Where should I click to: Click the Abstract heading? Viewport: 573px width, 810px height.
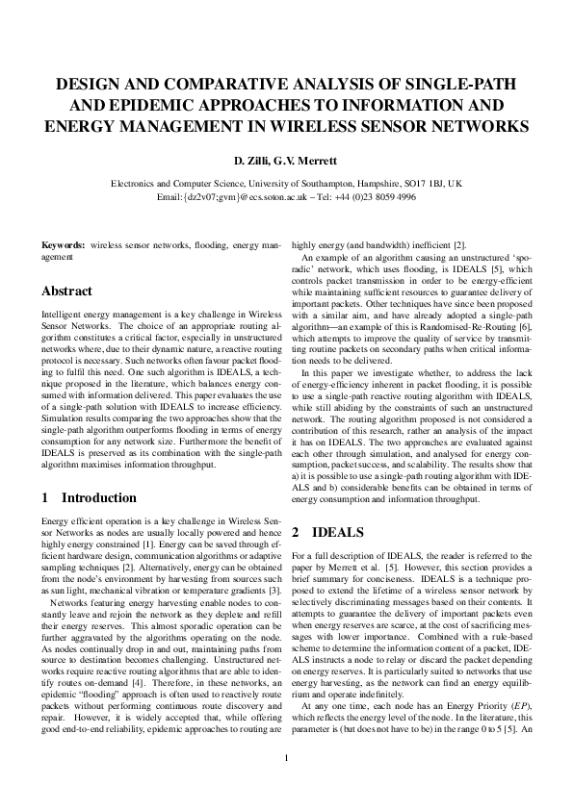point(67,291)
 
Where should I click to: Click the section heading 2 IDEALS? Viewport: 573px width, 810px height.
point(324,531)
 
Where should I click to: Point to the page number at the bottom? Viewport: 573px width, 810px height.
point(286,785)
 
